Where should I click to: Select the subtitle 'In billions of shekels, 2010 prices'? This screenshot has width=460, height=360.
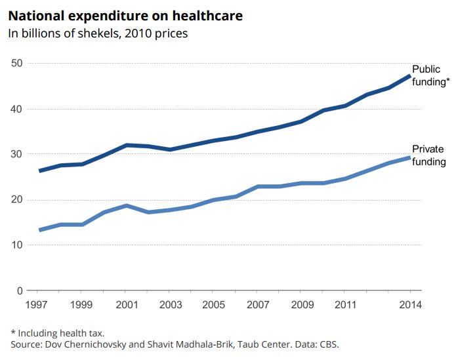(98, 33)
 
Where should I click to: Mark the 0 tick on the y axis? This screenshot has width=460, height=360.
(20, 290)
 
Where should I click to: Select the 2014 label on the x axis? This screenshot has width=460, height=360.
(410, 305)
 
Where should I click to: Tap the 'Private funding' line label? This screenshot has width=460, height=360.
(429, 155)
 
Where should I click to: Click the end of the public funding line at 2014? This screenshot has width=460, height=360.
(410, 76)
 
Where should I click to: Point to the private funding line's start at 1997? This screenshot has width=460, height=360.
(41, 230)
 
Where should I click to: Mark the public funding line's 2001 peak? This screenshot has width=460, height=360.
(127, 145)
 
